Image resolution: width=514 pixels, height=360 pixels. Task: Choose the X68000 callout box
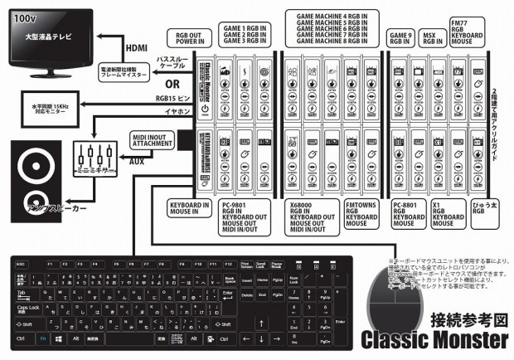pos(308,214)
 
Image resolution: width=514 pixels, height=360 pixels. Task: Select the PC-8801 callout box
pos(407,213)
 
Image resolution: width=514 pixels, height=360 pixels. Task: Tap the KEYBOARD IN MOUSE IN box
pos(188,206)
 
